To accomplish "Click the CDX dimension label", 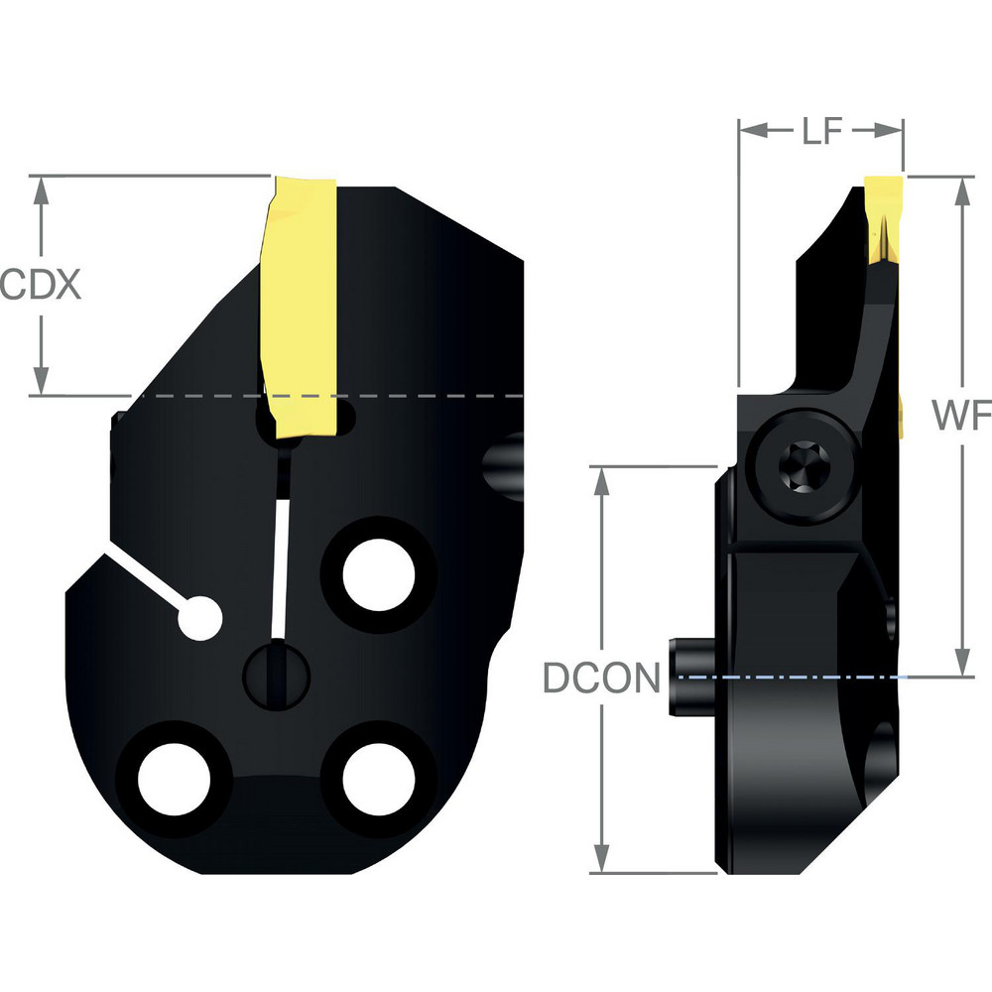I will [x=40, y=285].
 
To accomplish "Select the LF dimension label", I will [x=822, y=132].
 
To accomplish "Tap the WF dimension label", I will [x=961, y=418].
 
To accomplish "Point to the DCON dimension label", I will [x=601, y=679].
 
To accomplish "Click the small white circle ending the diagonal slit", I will [x=201, y=620].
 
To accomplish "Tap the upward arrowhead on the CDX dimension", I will [x=41, y=190].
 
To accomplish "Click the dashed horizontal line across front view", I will [x=397, y=396].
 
